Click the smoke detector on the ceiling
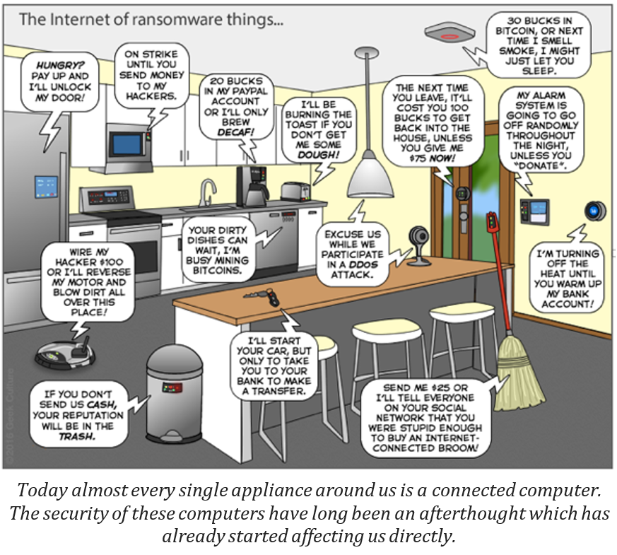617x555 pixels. (x=449, y=32)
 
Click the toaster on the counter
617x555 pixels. (x=295, y=192)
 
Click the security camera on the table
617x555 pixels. (x=418, y=245)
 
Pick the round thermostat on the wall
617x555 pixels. (x=595, y=211)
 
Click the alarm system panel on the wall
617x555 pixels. (x=535, y=212)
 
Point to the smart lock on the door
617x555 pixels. (x=463, y=194)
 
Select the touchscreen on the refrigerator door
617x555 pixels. (x=46, y=187)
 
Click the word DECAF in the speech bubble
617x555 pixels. (x=235, y=132)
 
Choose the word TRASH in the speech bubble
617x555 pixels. (x=77, y=436)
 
